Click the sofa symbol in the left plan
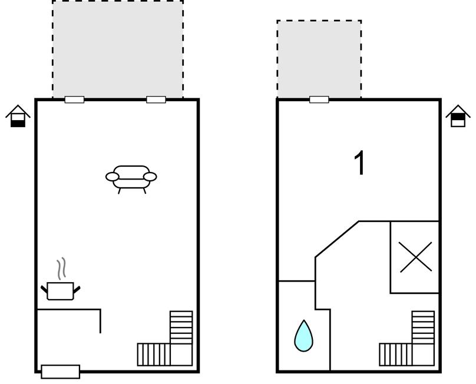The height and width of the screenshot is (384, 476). pos(131,176)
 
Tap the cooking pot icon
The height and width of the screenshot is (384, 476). pos(60,291)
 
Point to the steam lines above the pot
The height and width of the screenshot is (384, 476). pos(61,269)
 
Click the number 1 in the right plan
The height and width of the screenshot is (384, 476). pos(359,163)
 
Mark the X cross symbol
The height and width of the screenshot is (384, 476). pos(415,257)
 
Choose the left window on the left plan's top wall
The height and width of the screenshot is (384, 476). pos(74,100)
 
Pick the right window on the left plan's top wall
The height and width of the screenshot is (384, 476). pos(156,100)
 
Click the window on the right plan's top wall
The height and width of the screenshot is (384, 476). pos(319,100)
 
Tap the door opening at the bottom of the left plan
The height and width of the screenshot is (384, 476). pos(60,372)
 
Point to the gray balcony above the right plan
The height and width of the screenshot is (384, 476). pos(319,59)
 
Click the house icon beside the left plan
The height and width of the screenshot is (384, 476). pos(18,116)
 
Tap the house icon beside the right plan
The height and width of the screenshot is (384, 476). pos(458,116)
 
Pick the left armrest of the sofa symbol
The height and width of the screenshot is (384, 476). pos(112,176)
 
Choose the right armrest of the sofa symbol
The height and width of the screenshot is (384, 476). pos(151,176)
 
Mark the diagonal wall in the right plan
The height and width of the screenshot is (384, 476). pos(337,239)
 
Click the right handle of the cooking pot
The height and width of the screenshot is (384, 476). pos(77,288)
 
